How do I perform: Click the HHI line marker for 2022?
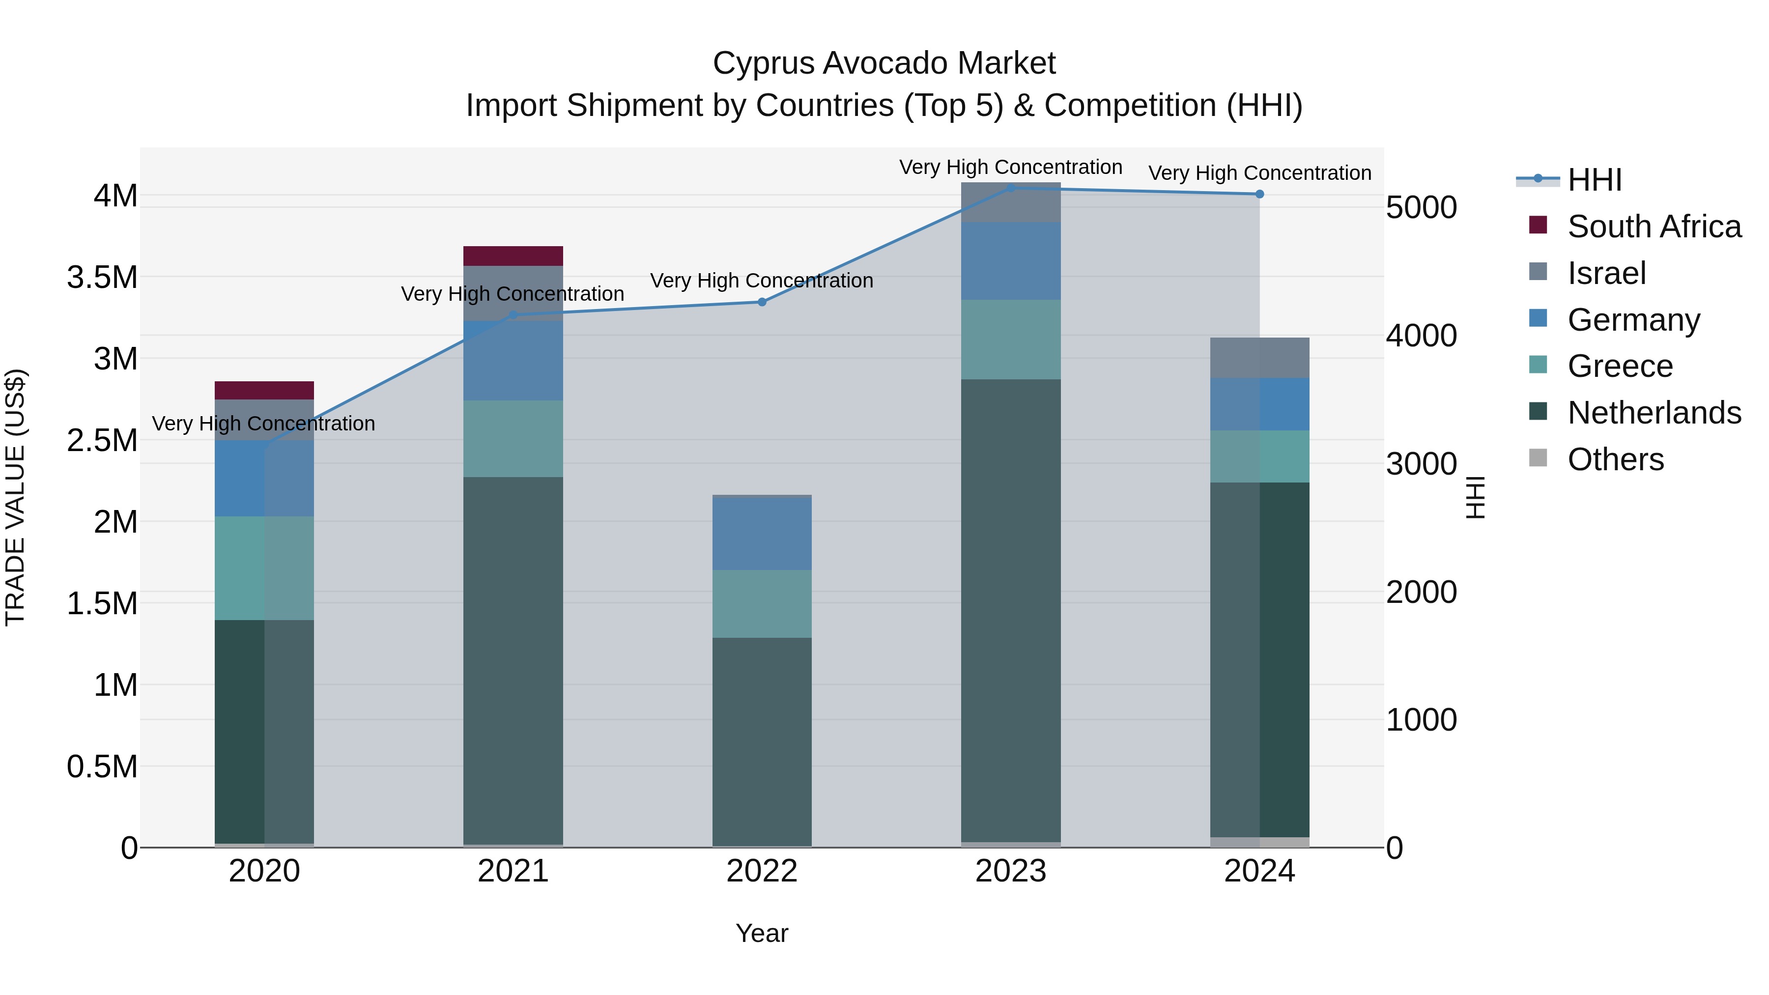pos(762,302)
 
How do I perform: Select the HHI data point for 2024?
pos(1259,194)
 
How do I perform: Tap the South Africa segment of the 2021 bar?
pos(513,256)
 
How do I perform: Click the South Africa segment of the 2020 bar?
pos(264,390)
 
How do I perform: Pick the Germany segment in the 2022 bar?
pos(762,534)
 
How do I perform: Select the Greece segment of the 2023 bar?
pos(1010,339)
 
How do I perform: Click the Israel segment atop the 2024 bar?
pos(1259,358)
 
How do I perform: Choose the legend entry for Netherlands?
pos(1654,413)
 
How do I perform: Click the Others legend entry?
pos(1615,459)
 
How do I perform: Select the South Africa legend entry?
pos(1654,227)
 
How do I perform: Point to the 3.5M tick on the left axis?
pos(102,278)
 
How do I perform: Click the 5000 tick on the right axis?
pos(1421,207)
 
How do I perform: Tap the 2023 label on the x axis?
pos(1010,871)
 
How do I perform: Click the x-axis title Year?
pos(762,933)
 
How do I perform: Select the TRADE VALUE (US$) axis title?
pos(15,497)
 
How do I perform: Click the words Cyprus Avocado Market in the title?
pos(884,63)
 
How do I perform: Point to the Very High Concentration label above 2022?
pos(762,281)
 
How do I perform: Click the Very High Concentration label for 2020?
pos(264,424)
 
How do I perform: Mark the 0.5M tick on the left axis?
pos(102,767)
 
